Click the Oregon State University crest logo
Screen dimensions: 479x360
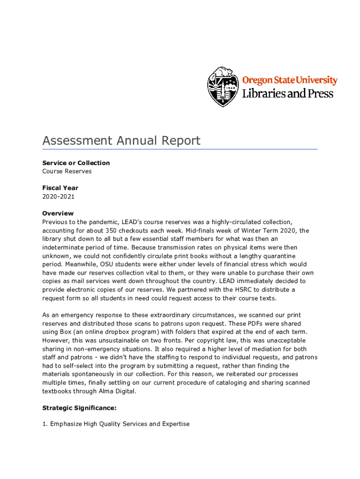click(x=223, y=87)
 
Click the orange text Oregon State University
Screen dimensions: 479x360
click(x=289, y=80)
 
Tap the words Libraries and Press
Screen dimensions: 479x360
click(x=288, y=94)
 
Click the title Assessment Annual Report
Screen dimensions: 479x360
click(x=121, y=140)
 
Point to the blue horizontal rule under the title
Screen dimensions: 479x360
click(x=180, y=149)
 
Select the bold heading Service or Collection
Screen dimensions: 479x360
click(x=76, y=163)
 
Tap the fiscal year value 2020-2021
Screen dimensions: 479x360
click(x=58, y=196)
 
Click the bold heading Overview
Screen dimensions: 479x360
click(x=58, y=213)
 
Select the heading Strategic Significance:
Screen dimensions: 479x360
click(x=79, y=408)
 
